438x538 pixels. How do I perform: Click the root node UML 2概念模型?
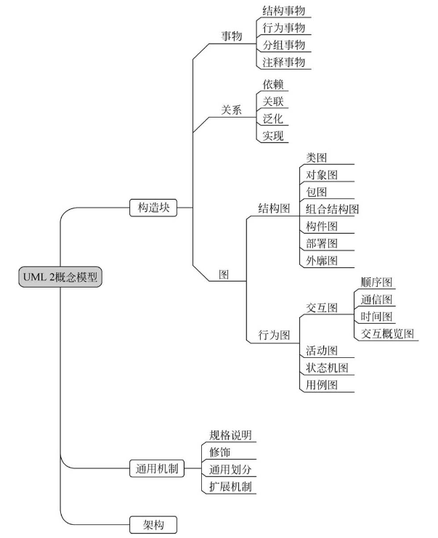coord(60,277)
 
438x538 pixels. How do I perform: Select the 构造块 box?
coord(153,208)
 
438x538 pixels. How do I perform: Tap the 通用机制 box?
coord(157,468)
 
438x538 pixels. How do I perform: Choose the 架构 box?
coord(153,525)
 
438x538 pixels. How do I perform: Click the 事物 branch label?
coord(232,36)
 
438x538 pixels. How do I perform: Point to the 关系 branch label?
coord(232,110)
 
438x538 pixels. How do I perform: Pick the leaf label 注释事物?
coord(284,62)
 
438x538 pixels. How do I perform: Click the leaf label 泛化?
coord(273,119)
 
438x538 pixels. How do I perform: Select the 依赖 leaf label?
coord(273,84)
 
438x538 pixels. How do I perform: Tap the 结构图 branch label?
coord(274,208)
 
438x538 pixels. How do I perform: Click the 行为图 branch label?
coord(274,335)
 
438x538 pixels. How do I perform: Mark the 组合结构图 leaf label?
coord(332,209)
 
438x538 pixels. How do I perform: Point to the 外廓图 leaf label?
coord(322,261)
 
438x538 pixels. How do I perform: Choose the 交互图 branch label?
coord(322,308)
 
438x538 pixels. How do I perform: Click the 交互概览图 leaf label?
coord(387,333)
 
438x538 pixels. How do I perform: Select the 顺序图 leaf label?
coord(376,282)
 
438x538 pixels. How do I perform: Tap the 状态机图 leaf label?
coord(327,368)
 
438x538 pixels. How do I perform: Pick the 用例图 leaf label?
coord(322,385)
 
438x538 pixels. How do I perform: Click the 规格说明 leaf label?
coord(230,435)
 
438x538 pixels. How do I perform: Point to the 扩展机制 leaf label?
coord(230,486)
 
